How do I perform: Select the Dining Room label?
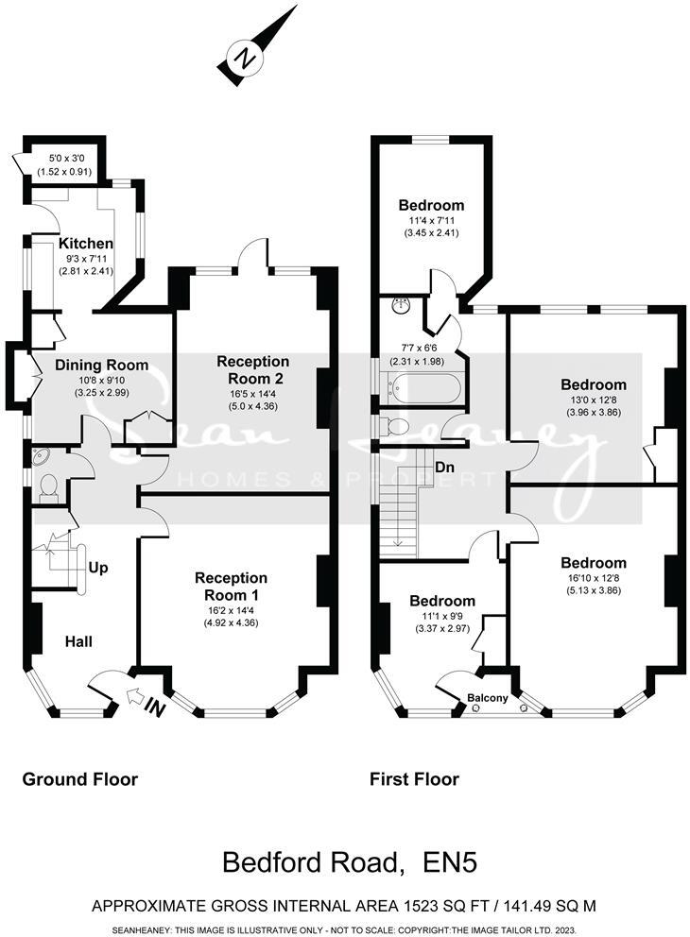101,365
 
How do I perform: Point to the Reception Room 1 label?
231,586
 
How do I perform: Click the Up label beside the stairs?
97,568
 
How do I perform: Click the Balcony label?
487,699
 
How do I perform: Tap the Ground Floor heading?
80,779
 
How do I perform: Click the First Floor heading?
414,779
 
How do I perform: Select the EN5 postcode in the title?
439,862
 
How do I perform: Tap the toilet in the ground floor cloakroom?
48,486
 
